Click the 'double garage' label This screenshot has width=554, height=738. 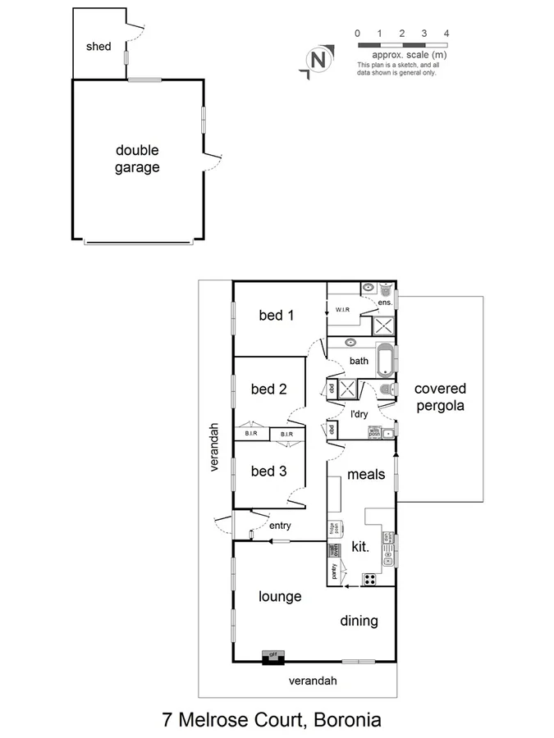137,158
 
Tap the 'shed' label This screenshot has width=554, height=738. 98,47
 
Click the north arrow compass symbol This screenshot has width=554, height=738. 318,60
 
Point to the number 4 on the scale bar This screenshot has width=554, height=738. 446,34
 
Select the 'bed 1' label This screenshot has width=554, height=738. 277,315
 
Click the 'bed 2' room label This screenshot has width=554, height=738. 268,389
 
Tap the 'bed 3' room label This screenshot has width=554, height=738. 268,471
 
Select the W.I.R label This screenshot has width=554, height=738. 343,310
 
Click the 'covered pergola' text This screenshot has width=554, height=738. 440,397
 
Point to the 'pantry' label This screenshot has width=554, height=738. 334,572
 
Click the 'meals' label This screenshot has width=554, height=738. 366,474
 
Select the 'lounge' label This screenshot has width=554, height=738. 280,596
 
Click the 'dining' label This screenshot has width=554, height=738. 359,621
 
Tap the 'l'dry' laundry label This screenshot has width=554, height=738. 359,414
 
